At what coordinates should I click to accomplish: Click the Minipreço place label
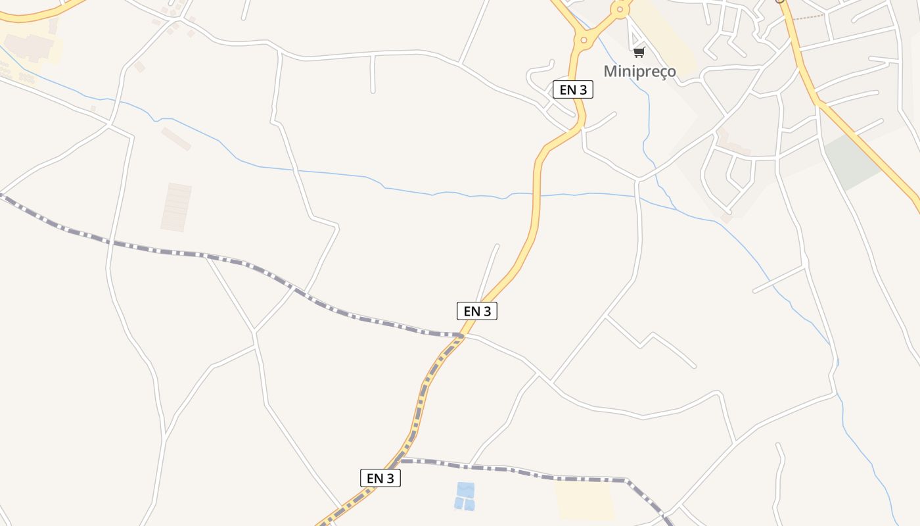(639, 71)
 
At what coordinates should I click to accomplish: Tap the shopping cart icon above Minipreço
(639, 52)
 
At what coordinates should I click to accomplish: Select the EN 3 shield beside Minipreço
(573, 90)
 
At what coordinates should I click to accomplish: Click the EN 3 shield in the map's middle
(477, 311)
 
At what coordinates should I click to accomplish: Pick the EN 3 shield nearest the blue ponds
(380, 478)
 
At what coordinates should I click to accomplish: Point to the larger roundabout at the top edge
(620, 9)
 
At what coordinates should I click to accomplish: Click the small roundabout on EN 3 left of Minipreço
(584, 40)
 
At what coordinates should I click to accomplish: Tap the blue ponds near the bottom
(465, 496)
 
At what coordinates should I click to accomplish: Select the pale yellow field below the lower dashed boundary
(585, 500)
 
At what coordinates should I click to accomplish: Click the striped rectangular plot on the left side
(176, 207)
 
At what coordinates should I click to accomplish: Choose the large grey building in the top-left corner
(30, 46)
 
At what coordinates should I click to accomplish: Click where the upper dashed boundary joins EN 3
(462, 336)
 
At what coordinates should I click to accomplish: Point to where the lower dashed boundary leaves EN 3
(402, 460)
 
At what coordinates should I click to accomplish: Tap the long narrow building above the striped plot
(176, 139)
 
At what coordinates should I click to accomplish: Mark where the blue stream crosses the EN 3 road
(537, 195)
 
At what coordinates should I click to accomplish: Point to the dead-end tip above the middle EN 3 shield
(497, 246)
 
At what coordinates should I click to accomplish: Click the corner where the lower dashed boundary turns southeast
(625, 480)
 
